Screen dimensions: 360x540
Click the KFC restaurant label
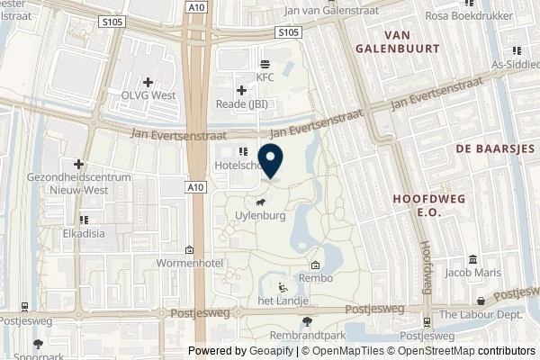265,77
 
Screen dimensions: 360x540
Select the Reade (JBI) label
241,104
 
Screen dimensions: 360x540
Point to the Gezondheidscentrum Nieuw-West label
79,184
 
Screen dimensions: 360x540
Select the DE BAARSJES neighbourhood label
495,147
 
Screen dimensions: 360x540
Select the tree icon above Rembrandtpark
308,320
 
